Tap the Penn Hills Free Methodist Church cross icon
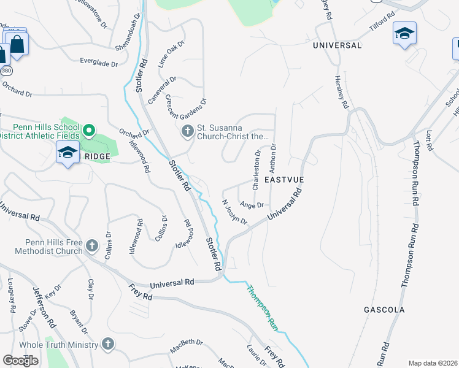(x=91, y=246)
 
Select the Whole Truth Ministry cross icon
(x=108, y=344)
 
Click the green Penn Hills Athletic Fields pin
(x=89, y=130)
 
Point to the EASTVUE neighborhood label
(x=284, y=179)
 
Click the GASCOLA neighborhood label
(x=384, y=310)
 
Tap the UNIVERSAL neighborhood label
(x=337, y=45)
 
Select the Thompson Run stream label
(x=263, y=307)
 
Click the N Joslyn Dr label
(x=234, y=212)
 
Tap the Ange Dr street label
(x=252, y=205)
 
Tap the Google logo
(x=21, y=361)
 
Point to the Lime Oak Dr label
(x=171, y=54)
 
